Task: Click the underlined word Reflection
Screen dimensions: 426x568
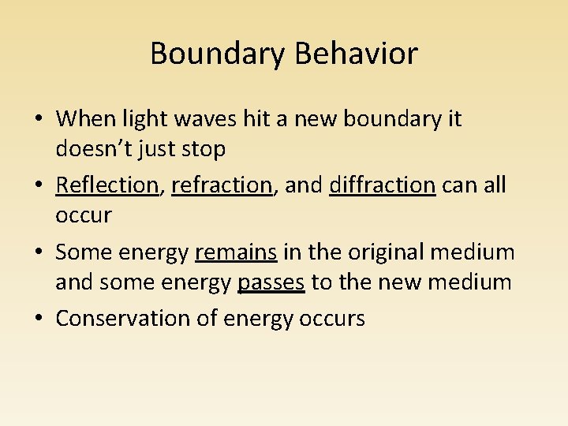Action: click(107, 185)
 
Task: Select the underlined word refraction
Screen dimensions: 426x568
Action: click(222, 185)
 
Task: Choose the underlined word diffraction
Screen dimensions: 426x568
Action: click(383, 185)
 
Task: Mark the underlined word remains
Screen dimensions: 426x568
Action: click(236, 252)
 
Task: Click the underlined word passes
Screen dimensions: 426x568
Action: click(271, 281)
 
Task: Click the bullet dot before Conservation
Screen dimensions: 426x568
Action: click(39, 319)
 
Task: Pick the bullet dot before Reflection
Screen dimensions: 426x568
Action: click(39, 185)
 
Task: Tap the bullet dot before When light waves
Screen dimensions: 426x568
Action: click(39, 120)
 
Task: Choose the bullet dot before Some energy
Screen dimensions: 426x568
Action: click(39, 253)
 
